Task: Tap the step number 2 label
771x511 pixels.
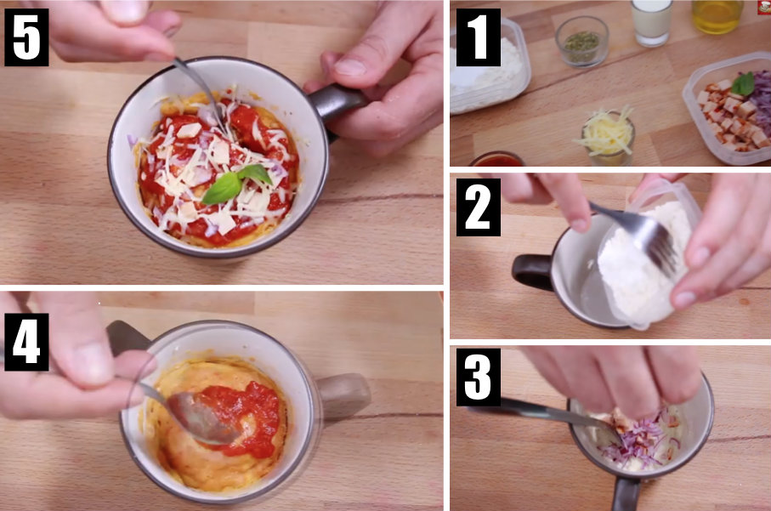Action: [478, 207]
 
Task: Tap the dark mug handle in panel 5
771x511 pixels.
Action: [336, 101]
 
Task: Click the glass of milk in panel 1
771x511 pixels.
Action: [651, 21]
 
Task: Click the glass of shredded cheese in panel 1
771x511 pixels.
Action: [608, 136]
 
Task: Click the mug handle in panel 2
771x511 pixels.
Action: [531, 271]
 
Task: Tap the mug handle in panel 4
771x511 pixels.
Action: [343, 395]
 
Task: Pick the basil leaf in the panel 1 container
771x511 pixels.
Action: [743, 83]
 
